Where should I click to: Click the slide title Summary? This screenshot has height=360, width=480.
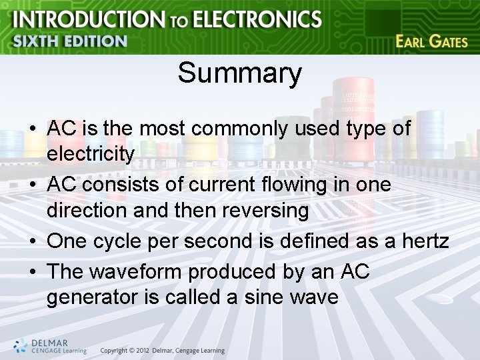coord(239,73)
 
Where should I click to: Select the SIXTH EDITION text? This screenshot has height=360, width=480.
coord(69,41)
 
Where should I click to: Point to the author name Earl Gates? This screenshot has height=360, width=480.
coord(431,41)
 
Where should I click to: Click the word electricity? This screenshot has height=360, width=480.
coord(91,154)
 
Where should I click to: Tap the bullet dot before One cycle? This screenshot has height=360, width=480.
coord(32,241)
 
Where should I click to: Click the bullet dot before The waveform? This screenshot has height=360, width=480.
coord(32,272)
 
